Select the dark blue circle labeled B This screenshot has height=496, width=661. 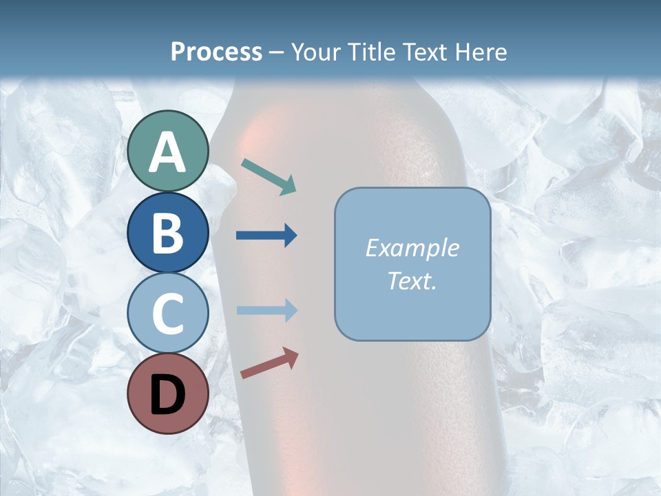(x=168, y=232)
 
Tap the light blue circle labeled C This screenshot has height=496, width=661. (x=168, y=313)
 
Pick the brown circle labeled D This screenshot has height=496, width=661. (x=168, y=393)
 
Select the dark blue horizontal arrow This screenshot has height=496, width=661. (x=266, y=236)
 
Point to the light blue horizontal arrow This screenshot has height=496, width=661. (x=266, y=311)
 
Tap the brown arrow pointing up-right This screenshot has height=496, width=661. (x=269, y=362)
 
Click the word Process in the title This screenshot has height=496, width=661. (x=216, y=52)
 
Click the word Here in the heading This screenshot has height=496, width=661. (x=482, y=52)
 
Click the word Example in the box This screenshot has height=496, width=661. (x=412, y=248)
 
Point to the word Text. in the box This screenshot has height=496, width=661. (x=412, y=281)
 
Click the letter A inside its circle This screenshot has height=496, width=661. (x=168, y=152)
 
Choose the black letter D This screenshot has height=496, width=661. (x=168, y=395)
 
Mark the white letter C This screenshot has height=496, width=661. (x=168, y=314)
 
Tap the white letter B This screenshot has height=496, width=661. (x=168, y=233)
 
